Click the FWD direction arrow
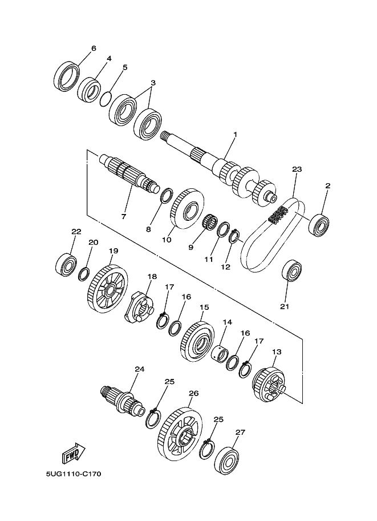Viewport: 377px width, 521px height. point(74,453)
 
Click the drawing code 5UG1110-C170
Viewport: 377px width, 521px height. point(74,474)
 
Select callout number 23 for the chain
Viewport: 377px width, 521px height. point(297,169)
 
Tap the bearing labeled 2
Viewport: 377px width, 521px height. point(319,225)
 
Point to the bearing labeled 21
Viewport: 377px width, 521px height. point(291,271)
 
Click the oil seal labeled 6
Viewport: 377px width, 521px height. point(66,76)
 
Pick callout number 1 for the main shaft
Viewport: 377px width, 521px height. point(235,135)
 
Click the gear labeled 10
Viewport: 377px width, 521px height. point(187,209)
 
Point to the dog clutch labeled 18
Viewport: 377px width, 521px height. point(139,306)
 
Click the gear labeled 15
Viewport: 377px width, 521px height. point(197,342)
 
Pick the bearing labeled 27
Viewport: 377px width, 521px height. point(227,462)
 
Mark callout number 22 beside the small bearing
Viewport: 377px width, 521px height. point(76,232)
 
